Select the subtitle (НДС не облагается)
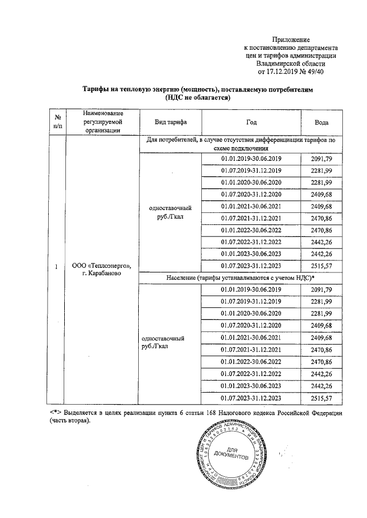click(x=197, y=98)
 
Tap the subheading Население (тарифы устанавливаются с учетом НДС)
click(x=237, y=278)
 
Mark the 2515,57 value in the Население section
click(x=321, y=398)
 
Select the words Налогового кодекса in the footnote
click(x=245, y=413)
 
